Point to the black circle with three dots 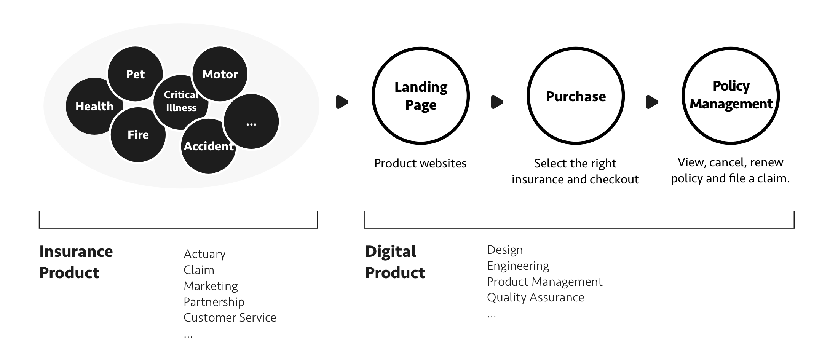[251, 122]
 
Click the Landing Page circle [421, 96]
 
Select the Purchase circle [576, 96]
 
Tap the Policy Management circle [731, 96]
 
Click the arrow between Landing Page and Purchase [497, 102]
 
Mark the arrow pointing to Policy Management [652, 102]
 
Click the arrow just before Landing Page [342, 102]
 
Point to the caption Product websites [420, 163]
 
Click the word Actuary [204, 254]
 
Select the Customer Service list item [230, 317]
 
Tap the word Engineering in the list [518, 266]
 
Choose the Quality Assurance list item [535, 297]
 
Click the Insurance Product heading [76, 262]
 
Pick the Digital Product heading [395, 262]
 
